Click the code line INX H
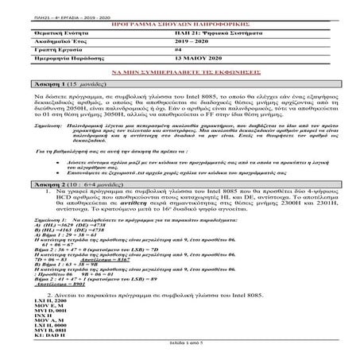46,316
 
